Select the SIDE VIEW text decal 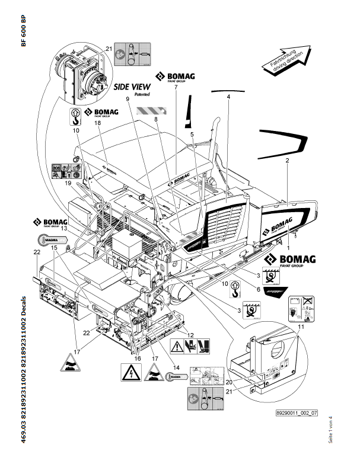coord(133,87)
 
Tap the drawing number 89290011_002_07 coord(297,413)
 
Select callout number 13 coord(47,228)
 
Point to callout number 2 coord(287,161)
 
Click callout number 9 coord(127,100)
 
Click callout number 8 coord(156,119)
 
